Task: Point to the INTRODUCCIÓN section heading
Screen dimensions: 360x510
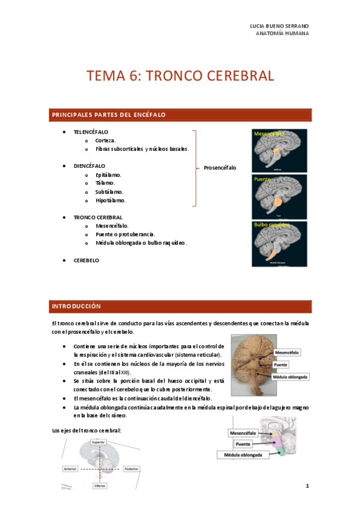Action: point(76,306)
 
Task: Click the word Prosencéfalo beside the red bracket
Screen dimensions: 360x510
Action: point(220,168)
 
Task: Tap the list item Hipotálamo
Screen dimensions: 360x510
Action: point(111,200)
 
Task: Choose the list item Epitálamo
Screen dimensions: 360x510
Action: point(109,175)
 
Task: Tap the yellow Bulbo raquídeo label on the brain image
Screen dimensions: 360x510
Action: point(272,225)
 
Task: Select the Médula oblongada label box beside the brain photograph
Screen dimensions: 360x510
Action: point(291,376)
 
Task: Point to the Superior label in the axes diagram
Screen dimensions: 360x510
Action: point(99,442)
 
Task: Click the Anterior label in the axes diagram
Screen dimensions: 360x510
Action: point(70,468)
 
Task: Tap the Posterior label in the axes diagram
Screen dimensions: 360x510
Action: point(131,468)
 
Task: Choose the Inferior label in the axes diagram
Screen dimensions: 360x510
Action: point(99,485)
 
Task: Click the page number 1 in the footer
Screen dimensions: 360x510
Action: point(307,485)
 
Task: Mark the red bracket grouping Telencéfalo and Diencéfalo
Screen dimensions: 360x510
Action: point(194,168)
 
